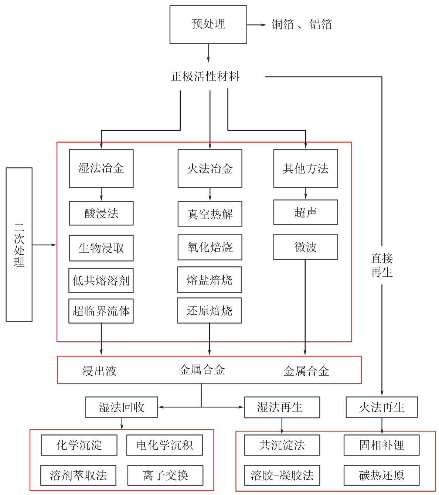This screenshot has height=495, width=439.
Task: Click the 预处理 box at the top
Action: [x=208, y=24]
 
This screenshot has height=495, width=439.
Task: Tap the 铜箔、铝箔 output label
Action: [x=302, y=24]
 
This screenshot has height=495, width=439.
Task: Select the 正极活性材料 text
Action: [x=205, y=76]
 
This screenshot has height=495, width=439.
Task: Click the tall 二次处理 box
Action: [x=19, y=245]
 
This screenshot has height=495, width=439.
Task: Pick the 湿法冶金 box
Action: [x=101, y=168]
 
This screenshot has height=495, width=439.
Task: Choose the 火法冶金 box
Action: [x=210, y=168]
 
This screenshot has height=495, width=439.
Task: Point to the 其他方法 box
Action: [x=306, y=168]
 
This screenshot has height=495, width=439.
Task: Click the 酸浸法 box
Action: [x=101, y=213]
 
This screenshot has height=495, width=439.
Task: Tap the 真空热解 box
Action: [x=210, y=214]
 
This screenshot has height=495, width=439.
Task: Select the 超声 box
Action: [x=306, y=212]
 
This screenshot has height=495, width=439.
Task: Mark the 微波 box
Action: [x=305, y=247]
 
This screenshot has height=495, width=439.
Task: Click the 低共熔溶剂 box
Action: [x=101, y=280]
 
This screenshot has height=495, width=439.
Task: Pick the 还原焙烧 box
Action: [x=210, y=310]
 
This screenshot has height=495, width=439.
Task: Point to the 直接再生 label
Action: [x=382, y=265]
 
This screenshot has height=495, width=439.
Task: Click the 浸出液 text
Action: [x=99, y=371]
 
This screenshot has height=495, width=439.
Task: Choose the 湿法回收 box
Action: [x=122, y=407]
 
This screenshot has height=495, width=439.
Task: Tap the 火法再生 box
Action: [x=382, y=407]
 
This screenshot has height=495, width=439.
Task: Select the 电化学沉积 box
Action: [x=164, y=445]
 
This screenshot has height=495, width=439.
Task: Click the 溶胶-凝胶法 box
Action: [x=282, y=475]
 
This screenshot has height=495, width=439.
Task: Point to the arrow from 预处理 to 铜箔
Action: [x=256, y=25]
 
